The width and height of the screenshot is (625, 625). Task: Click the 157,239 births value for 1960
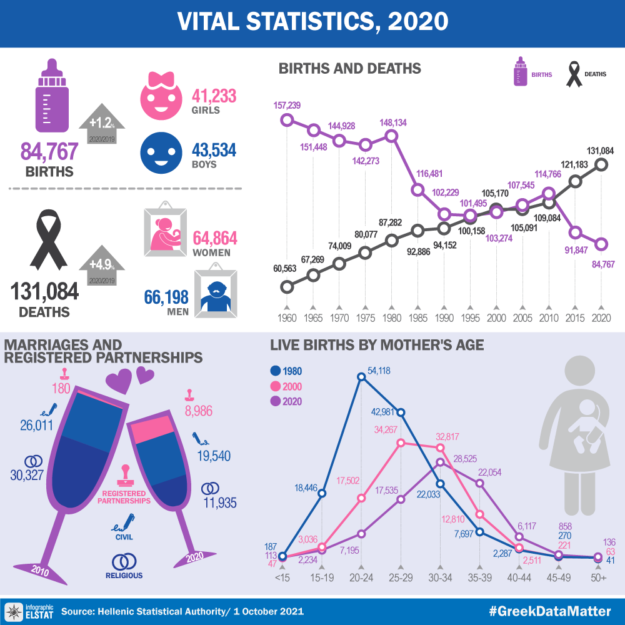pyautogui.click(x=287, y=106)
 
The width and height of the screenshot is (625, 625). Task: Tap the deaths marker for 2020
pyautogui.click(x=601, y=164)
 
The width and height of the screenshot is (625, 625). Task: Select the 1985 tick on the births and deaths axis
pyautogui.click(x=417, y=317)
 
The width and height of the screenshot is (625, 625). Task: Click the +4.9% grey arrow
pyautogui.click(x=102, y=267)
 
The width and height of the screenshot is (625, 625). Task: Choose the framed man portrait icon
pyautogui.click(x=215, y=294)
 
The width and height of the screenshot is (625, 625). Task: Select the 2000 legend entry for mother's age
pyautogui.click(x=289, y=386)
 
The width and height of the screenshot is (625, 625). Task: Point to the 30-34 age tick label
pyautogui.click(x=441, y=579)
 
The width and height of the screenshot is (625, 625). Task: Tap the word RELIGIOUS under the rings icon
pyautogui.click(x=124, y=576)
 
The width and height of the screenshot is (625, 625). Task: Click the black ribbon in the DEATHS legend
pyautogui.click(x=573, y=74)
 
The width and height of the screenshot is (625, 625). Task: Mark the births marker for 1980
pyautogui.click(x=392, y=136)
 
